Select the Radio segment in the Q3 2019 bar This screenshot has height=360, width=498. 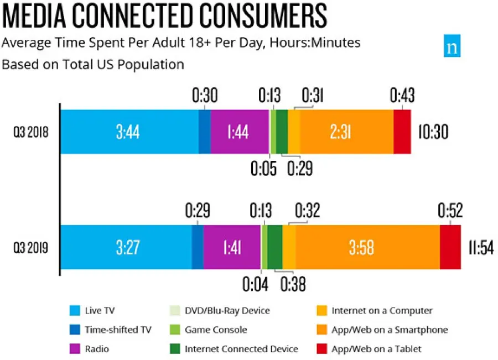tap(232, 247)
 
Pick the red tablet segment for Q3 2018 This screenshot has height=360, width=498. tap(402, 132)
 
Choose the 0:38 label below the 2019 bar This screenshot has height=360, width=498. tap(293, 284)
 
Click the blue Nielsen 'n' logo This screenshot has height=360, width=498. tap(452, 47)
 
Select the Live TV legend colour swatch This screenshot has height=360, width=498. tap(76, 311)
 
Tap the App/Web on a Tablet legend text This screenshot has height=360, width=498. tap(376, 349)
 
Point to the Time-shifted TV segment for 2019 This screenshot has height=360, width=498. tap(198, 247)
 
